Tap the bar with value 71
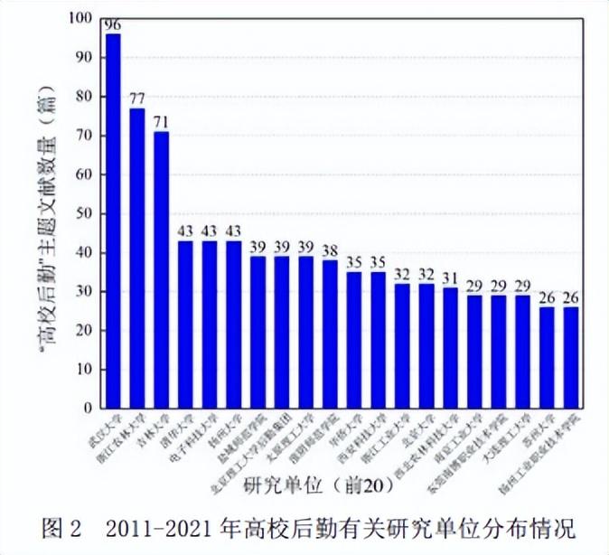[161, 270]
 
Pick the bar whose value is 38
[330, 334]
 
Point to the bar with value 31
[450, 348]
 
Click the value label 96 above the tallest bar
[113, 25]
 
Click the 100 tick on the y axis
[80, 18]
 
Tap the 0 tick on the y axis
[88, 409]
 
